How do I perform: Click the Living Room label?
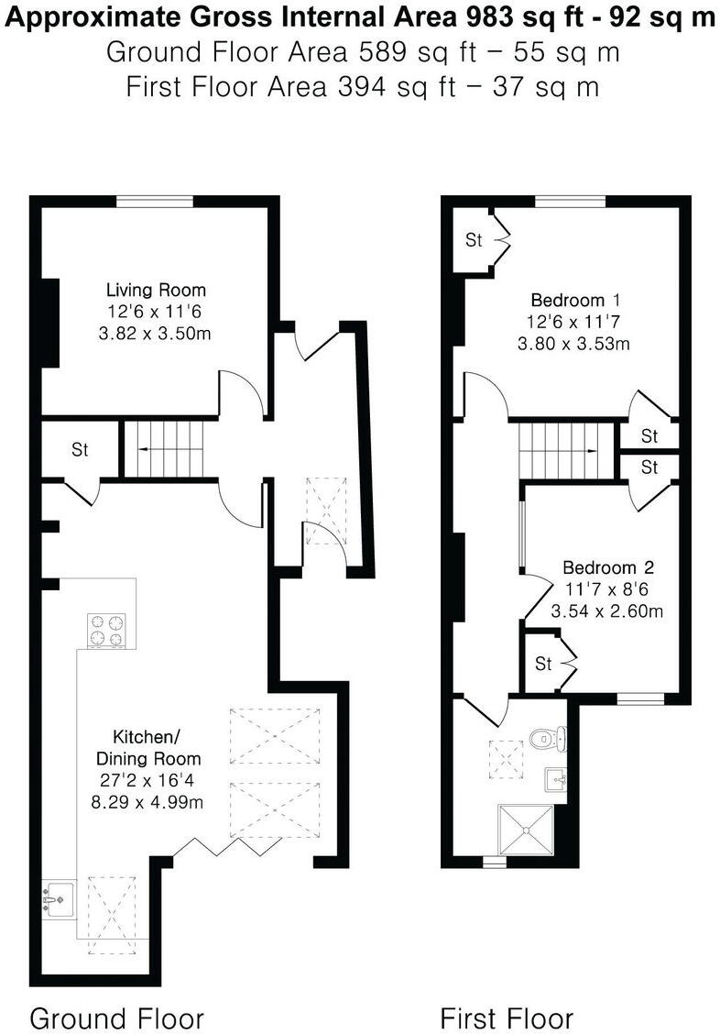tap(154, 291)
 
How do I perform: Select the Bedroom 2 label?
tap(607, 567)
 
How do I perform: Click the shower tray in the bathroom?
tap(526, 828)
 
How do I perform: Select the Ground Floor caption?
tap(116, 1017)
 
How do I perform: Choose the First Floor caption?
tap(507, 1017)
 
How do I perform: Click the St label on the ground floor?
tap(80, 450)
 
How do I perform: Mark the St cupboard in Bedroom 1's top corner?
tap(474, 241)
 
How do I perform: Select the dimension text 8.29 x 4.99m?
tap(152, 802)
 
